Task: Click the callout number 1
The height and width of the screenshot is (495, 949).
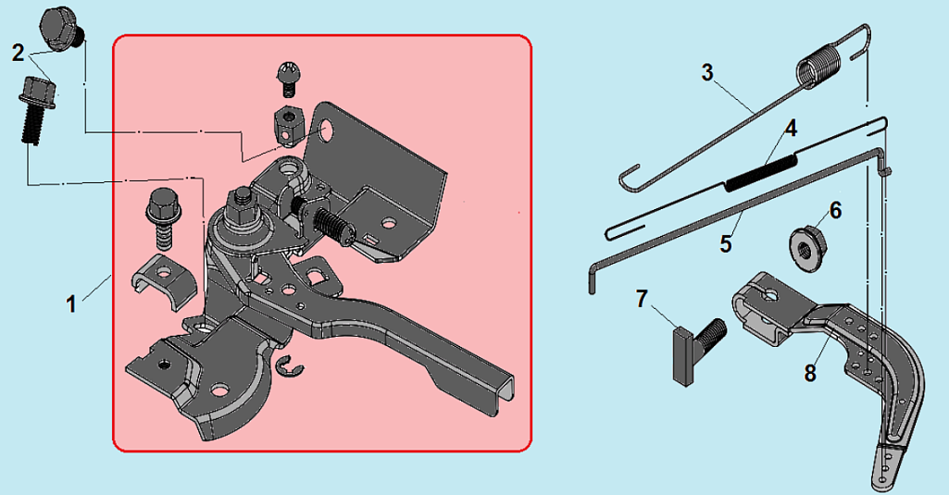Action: [x=71, y=303]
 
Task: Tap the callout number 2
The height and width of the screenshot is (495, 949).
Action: [x=19, y=54]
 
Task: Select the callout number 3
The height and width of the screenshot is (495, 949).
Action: [x=707, y=72]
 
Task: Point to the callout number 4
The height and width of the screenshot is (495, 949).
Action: [x=791, y=129]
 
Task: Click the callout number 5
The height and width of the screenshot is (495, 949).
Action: [x=726, y=244]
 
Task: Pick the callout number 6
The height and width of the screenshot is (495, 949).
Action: [x=835, y=211]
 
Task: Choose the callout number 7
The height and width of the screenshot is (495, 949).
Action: [x=643, y=299]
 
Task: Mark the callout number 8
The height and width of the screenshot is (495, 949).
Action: [x=810, y=374]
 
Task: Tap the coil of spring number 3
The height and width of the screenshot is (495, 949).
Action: [x=818, y=68]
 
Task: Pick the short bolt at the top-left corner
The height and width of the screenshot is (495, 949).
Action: [x=60, y=30]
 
